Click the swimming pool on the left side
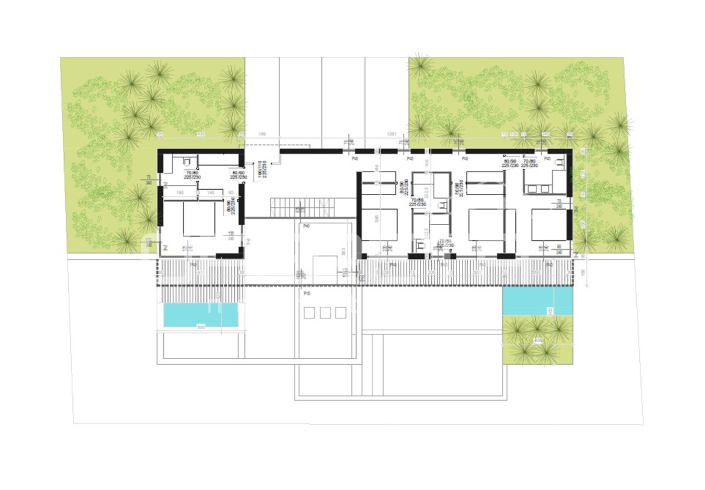point(200,315)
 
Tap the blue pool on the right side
point(537,300)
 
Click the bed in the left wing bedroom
point(199,219)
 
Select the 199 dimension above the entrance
point(263,135)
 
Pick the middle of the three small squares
point(325,313)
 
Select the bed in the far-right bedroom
point(549,225)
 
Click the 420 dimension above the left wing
point(200,135)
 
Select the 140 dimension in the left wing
point(210,192)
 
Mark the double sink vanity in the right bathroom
point(539,189)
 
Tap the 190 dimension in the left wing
point(180,192)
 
